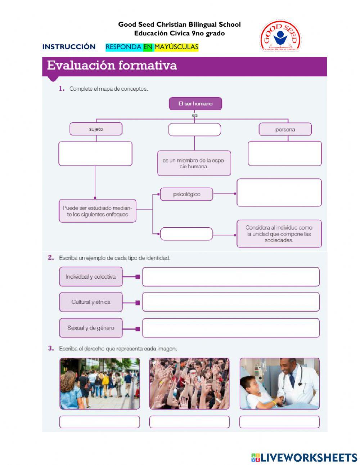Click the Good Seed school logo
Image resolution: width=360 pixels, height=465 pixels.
[280, 36]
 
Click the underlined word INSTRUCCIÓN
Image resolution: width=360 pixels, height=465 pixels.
[69, 47]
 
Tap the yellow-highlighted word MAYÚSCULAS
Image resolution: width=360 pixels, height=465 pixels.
[176, 47]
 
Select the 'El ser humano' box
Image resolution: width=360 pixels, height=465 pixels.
[195, 104]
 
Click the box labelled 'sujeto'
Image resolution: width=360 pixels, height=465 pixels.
[96, 129]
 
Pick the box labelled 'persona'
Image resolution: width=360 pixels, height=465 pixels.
[285, 129]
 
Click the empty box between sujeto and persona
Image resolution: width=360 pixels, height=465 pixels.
[194, 130]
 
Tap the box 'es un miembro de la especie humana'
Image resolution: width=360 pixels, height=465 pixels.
[194, 163]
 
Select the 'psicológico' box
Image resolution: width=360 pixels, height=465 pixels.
[186, 194]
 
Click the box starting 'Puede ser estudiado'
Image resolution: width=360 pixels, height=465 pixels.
[98, 211]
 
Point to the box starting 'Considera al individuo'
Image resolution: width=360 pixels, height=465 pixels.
[279, 234]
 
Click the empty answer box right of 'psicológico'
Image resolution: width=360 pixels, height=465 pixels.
[279, 193]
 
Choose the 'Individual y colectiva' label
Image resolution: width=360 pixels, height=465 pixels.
[91, 277]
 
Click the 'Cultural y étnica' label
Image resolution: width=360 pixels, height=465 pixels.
[91, 302]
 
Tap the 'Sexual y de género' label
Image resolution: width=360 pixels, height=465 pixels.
[91, 328]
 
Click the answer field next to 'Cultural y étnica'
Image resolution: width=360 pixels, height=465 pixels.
[231, 302]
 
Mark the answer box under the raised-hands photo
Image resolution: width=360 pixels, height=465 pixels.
[189, 422]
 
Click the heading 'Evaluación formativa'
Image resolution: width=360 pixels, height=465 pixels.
[112, 66]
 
